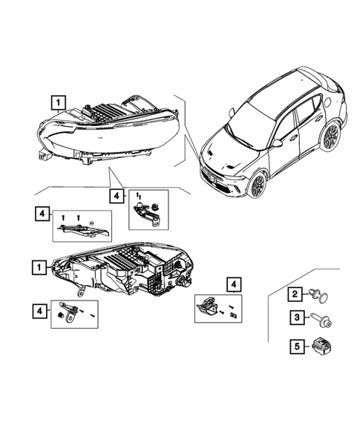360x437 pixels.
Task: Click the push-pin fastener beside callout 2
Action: pos(321,297)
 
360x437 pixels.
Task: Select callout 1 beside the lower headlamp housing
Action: pos(37,265)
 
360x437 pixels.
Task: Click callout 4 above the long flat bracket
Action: pos(43,214)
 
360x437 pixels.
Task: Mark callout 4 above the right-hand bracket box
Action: pos(233,284)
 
